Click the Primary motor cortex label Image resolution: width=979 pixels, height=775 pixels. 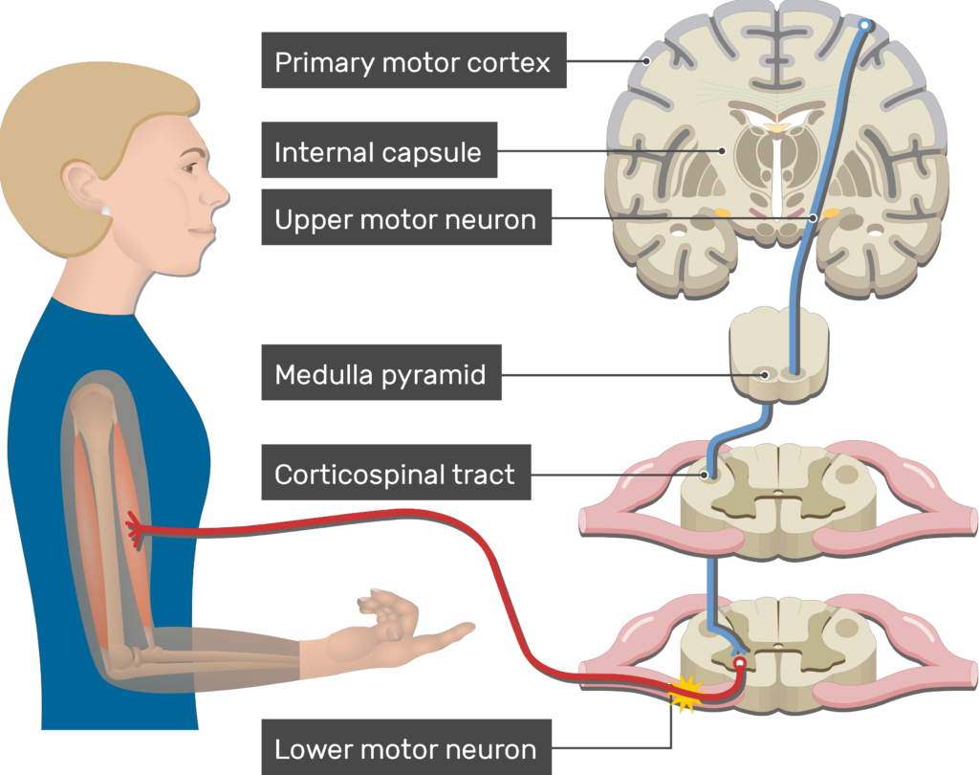point(413,63)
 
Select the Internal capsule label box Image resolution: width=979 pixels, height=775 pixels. point(378,152)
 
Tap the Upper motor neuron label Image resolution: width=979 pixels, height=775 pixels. point(405,219)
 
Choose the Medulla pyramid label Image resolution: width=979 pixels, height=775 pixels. point(381,375)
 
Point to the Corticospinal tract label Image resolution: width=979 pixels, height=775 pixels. point(394,475)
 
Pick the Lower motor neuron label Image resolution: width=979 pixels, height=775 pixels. point(405,748)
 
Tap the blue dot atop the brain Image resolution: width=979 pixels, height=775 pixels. point(865,25)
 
